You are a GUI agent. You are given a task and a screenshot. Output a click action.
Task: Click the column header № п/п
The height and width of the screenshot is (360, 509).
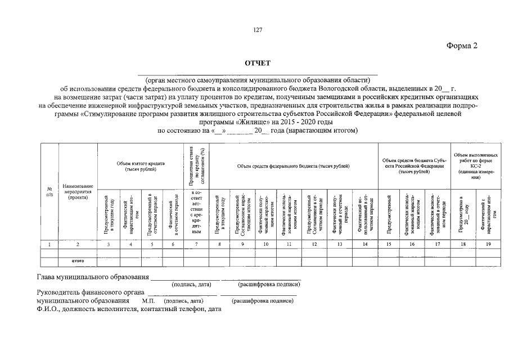[x=49, y=191]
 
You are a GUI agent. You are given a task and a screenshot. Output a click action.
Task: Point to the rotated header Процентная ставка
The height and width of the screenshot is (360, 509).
[x=196, y=165]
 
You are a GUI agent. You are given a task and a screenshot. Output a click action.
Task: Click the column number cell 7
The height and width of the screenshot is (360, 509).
[x=196, y=244]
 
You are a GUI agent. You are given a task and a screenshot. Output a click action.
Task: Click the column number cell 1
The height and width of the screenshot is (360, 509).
[x=49, y=244]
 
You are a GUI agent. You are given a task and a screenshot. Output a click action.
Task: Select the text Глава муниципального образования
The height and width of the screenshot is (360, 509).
[x=93, y=277]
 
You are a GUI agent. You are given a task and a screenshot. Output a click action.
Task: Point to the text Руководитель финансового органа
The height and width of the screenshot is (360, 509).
[x=91, y=292]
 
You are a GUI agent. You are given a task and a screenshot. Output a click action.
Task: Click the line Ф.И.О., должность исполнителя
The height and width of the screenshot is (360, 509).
[x=129, y=309]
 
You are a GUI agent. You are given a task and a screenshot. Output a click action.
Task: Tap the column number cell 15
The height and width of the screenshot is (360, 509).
[x=389, y=244]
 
